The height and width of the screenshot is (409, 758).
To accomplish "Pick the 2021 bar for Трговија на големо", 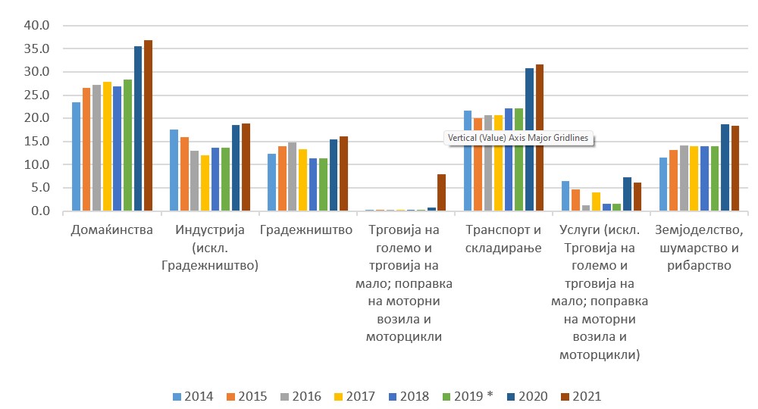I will (441, 192).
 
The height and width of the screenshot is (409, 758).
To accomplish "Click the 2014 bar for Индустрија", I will (174, 170).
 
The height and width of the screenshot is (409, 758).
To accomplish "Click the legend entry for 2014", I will (193, 396).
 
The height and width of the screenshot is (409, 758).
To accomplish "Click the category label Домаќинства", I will (111, 229).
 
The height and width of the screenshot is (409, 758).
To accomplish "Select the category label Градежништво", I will (307, 229).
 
